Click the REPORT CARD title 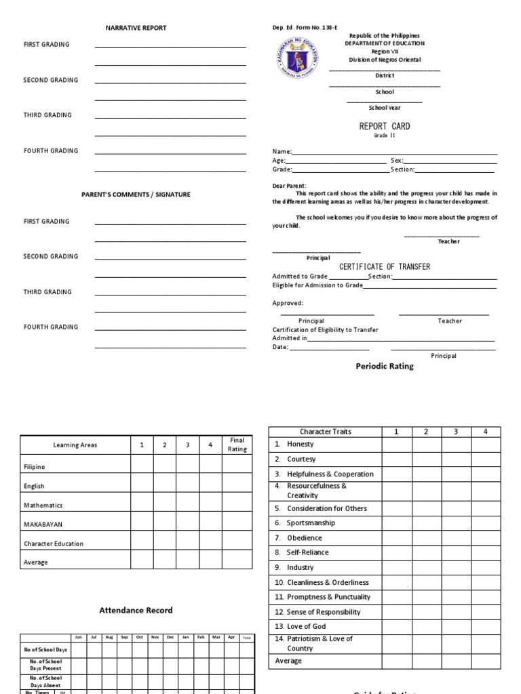tap(385, 126)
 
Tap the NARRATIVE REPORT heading tap(136, 28)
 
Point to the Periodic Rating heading tap(385, 366)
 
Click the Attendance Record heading tap(136, 610)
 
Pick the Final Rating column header tap(237, 445)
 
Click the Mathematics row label tap(43, 505)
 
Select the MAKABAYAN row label tap(43, 524)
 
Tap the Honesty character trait tap(301, 444)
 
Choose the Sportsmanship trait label tap(311, 523)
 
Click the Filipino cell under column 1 tap(142, 467)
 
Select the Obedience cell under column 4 tap(485, 537)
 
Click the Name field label tap(282, 152)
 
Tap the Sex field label tap(397, 161)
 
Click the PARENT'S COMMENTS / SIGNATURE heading tap(136, 195)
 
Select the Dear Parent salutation tap(290, 185)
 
